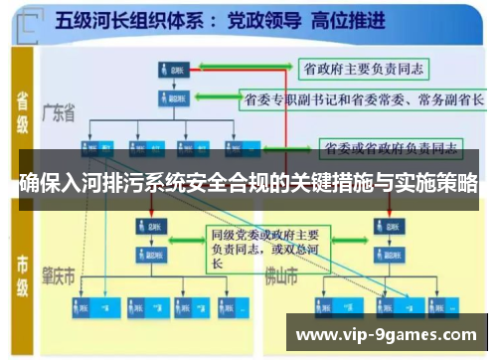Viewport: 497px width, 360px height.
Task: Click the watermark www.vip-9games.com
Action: click(387, 334)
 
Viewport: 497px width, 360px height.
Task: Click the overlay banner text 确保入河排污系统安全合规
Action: click(248, 183)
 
